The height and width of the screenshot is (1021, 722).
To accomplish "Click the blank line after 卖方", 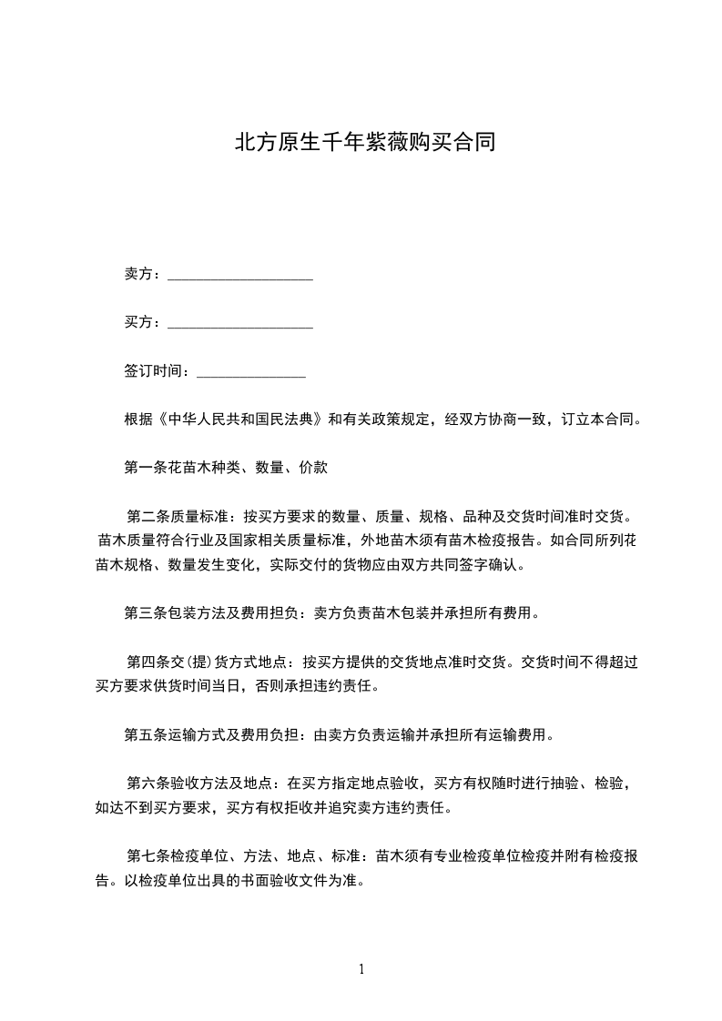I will [240, 276].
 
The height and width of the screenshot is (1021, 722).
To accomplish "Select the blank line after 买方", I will [240, 324].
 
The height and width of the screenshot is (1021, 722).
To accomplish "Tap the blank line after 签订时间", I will [250, 372].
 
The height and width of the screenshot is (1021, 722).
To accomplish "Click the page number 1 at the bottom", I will [361, 970].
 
